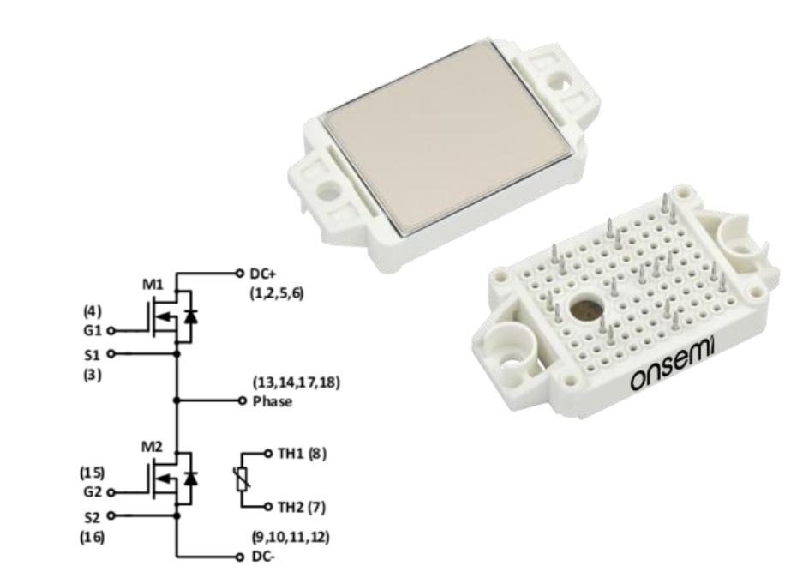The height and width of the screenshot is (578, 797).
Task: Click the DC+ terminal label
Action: tap(263, 274)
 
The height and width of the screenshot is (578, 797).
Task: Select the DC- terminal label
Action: tap(263, 557)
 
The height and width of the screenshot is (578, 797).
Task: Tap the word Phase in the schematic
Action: tap(273, 401)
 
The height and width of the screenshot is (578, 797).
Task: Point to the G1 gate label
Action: tap(93, 331)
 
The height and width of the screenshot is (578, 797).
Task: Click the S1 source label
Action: tap(92, 354)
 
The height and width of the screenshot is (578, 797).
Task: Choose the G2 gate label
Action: tap(92, 492)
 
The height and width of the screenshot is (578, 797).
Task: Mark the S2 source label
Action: tap(92, 517)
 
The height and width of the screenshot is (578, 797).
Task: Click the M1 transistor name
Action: tap(153, 285)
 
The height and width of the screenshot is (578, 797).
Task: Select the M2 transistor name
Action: tap(152, 447)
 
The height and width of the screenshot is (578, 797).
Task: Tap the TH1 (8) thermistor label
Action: tap(302, 454)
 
